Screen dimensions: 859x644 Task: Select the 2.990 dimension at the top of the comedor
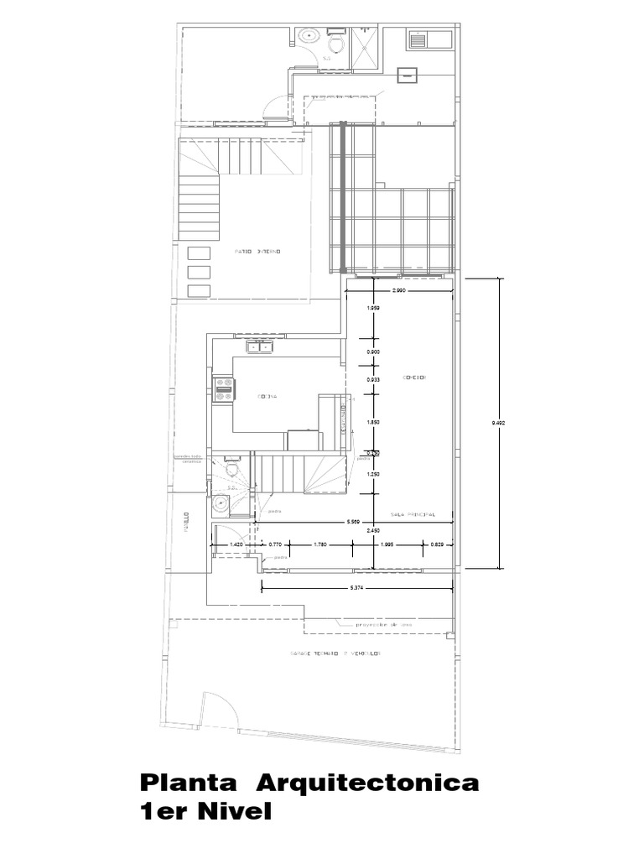pos(399,290)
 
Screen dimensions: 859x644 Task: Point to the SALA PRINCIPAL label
pos(411,514)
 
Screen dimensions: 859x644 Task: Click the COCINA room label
pos(267,396)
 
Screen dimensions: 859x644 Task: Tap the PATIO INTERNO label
pos(257,252)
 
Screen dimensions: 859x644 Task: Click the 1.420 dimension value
pos(236,544)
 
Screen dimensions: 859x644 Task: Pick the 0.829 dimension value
pos(437,544)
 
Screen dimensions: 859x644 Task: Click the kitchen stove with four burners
pos(225,387)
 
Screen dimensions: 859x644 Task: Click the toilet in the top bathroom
pos(336,42)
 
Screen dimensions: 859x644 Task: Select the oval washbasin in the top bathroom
pos(308,36)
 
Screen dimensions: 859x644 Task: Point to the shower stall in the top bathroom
pos(366,42)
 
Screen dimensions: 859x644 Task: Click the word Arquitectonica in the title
pos(367,784)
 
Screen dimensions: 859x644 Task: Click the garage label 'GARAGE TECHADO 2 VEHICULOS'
pos(335,652)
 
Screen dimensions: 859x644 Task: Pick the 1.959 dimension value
pos(373,309)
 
